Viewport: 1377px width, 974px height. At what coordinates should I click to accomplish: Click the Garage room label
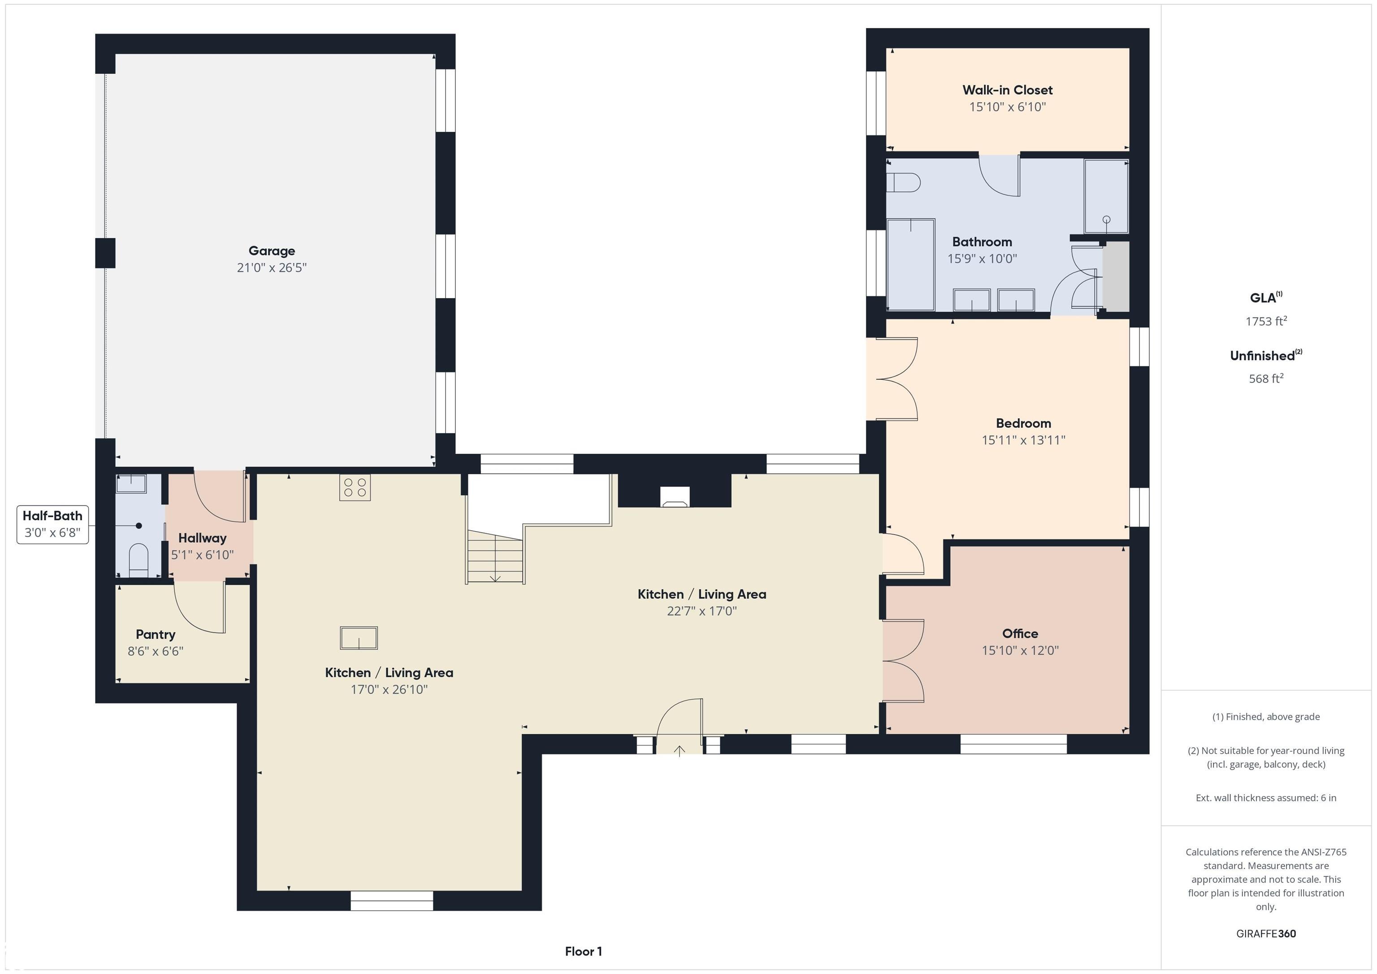272,251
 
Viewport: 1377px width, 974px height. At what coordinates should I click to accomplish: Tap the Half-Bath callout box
53,524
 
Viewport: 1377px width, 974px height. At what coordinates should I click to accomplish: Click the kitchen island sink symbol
359,638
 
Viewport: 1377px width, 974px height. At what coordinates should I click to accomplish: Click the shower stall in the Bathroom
1105,196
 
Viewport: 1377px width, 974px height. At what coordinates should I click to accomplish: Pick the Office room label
1020,633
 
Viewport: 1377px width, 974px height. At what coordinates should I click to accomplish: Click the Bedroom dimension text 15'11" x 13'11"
1023,440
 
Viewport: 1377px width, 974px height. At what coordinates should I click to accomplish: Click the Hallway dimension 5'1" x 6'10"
202,555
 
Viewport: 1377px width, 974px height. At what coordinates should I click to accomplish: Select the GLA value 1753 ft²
1265,321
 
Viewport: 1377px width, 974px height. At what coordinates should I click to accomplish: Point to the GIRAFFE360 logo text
1265,934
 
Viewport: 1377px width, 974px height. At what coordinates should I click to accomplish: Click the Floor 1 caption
583,952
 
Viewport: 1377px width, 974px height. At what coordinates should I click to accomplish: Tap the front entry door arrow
679,750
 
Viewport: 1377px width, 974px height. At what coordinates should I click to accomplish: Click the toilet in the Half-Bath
139,559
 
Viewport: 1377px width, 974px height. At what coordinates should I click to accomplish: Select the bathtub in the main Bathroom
910,264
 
